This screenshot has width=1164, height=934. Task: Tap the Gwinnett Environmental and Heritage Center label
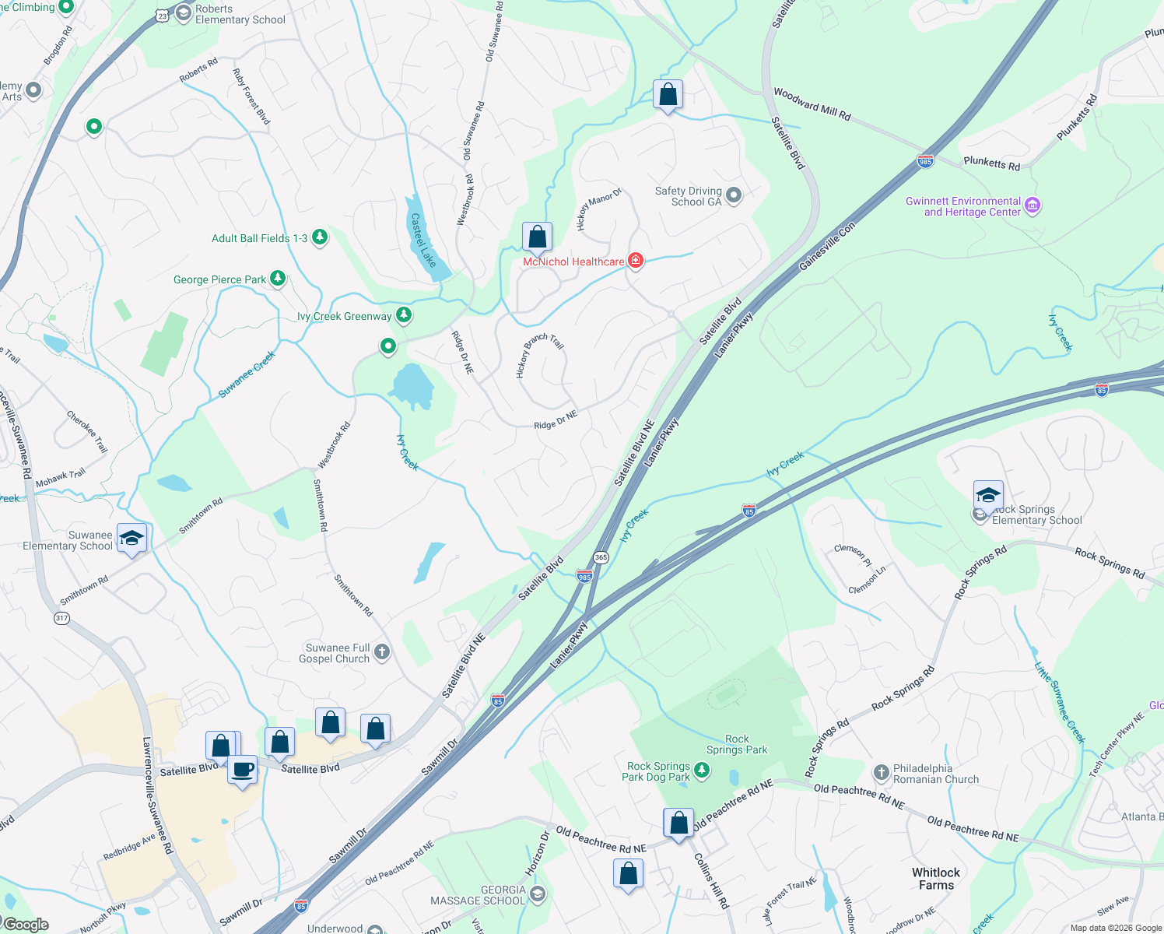pyautogui.click(x=963, y=206)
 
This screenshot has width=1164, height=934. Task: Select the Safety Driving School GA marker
pyautogui.click(x=734, y=194)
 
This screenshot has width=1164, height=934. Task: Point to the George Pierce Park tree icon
pyautogui.click(x=277, y=279)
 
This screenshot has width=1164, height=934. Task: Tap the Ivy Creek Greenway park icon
pyautogui.click(x=403, y=315)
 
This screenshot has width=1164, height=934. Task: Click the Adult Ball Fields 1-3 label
pyautogui.click(x=259, y=238)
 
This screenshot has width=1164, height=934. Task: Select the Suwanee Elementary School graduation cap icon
pyautogui.click(x=131, y=538)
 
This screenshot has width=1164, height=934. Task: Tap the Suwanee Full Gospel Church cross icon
pyautogui.click(x=382, y=652)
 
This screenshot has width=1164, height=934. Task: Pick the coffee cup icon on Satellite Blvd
pyautogui.click(x=243, y=770)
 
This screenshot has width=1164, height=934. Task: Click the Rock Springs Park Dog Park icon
pyautogui.click(x=702, y=771)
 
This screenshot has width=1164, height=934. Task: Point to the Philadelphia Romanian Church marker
pyautogui.click(x=881, y=773)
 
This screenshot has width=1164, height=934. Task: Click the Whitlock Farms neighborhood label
pyautogui.click(x=936, y=879)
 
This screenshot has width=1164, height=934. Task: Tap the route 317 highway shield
pyautogui.click(x=62, y=618)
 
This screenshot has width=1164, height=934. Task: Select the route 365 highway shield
pyautogui.click(x=601, y=557)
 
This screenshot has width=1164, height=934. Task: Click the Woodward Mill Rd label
pyautogui.click(x=812, y=104)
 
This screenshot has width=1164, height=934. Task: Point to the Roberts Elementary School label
pyautogui.click(x=240, y=15)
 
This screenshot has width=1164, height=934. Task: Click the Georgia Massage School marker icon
pyautogui.click(x=537, y=894)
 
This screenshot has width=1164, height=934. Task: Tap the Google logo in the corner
pyautogui.click(x=26, y=924)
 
